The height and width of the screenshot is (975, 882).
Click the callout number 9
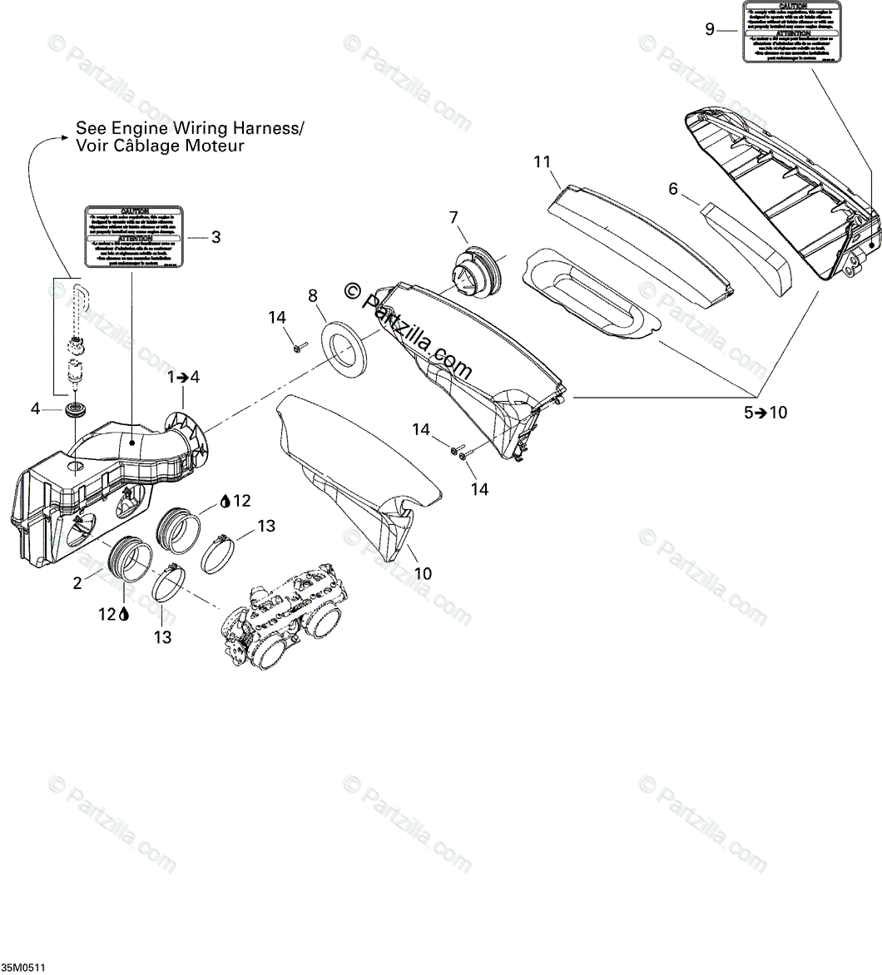tap(709, 29)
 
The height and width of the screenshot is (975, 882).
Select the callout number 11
tap(543, 161)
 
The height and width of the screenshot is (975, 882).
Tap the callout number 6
tap(673, 189)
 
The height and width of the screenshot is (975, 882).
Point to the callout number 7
tap(453, 218)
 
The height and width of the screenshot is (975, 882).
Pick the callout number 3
tap(216, 237)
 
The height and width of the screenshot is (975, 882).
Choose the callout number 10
tap(424, 573)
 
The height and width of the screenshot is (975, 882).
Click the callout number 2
tap(77, 583)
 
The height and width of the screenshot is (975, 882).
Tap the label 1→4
tap(183, 376)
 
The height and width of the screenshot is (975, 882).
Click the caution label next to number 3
tap(133, 237)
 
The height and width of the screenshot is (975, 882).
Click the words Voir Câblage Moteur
tap(160, 146)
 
